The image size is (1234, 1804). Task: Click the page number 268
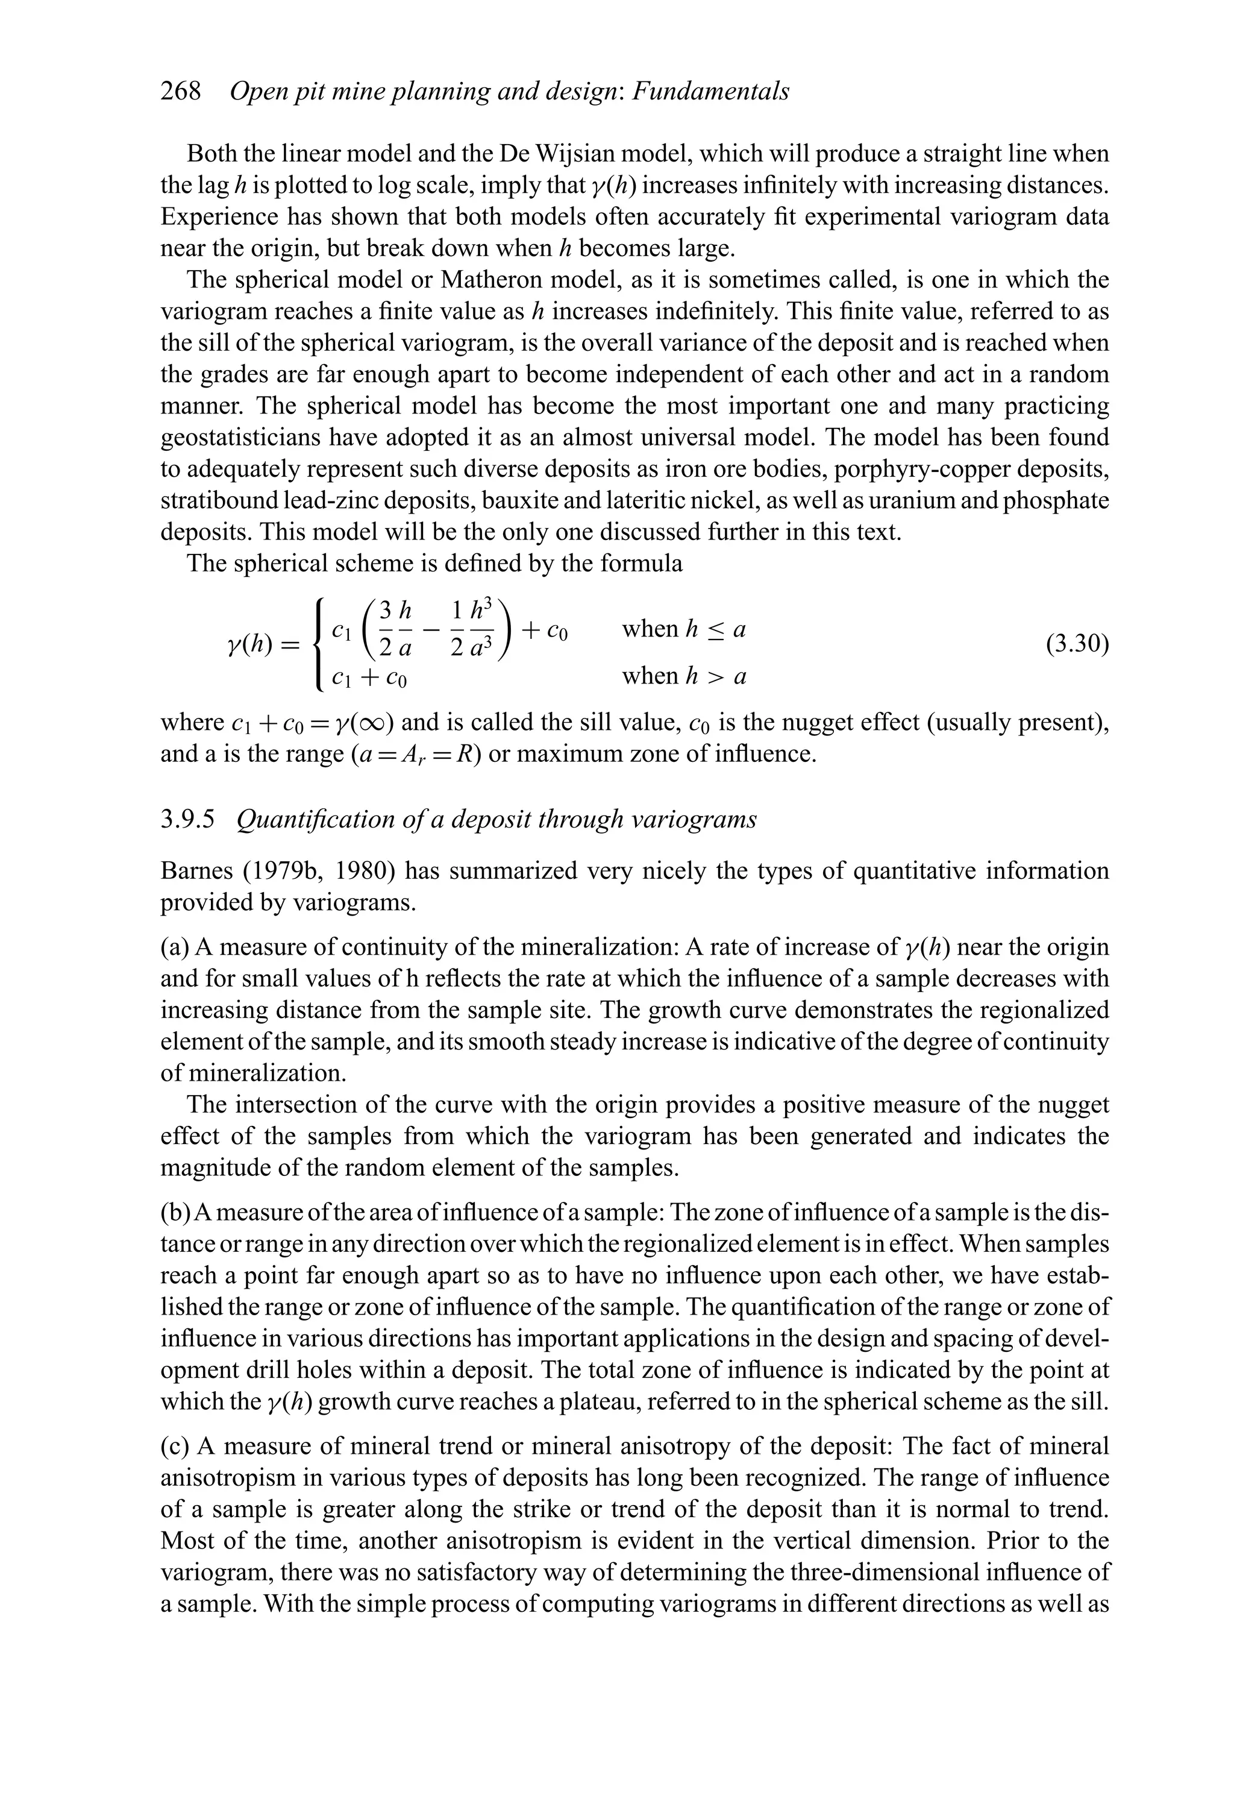(x=180, y=92)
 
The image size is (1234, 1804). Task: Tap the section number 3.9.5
(x=187, y=820)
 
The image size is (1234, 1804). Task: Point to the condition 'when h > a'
(x=683, y=677)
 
